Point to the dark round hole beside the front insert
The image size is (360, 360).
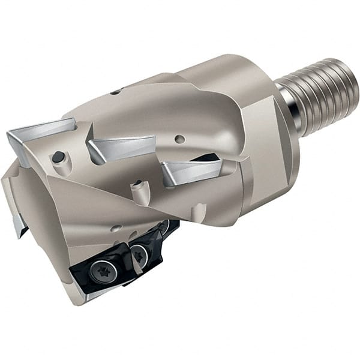click(x=58, y=157)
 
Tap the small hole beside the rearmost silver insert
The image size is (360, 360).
click(x=180, y=139)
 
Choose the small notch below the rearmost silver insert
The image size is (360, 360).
click(x=198, y=210)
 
